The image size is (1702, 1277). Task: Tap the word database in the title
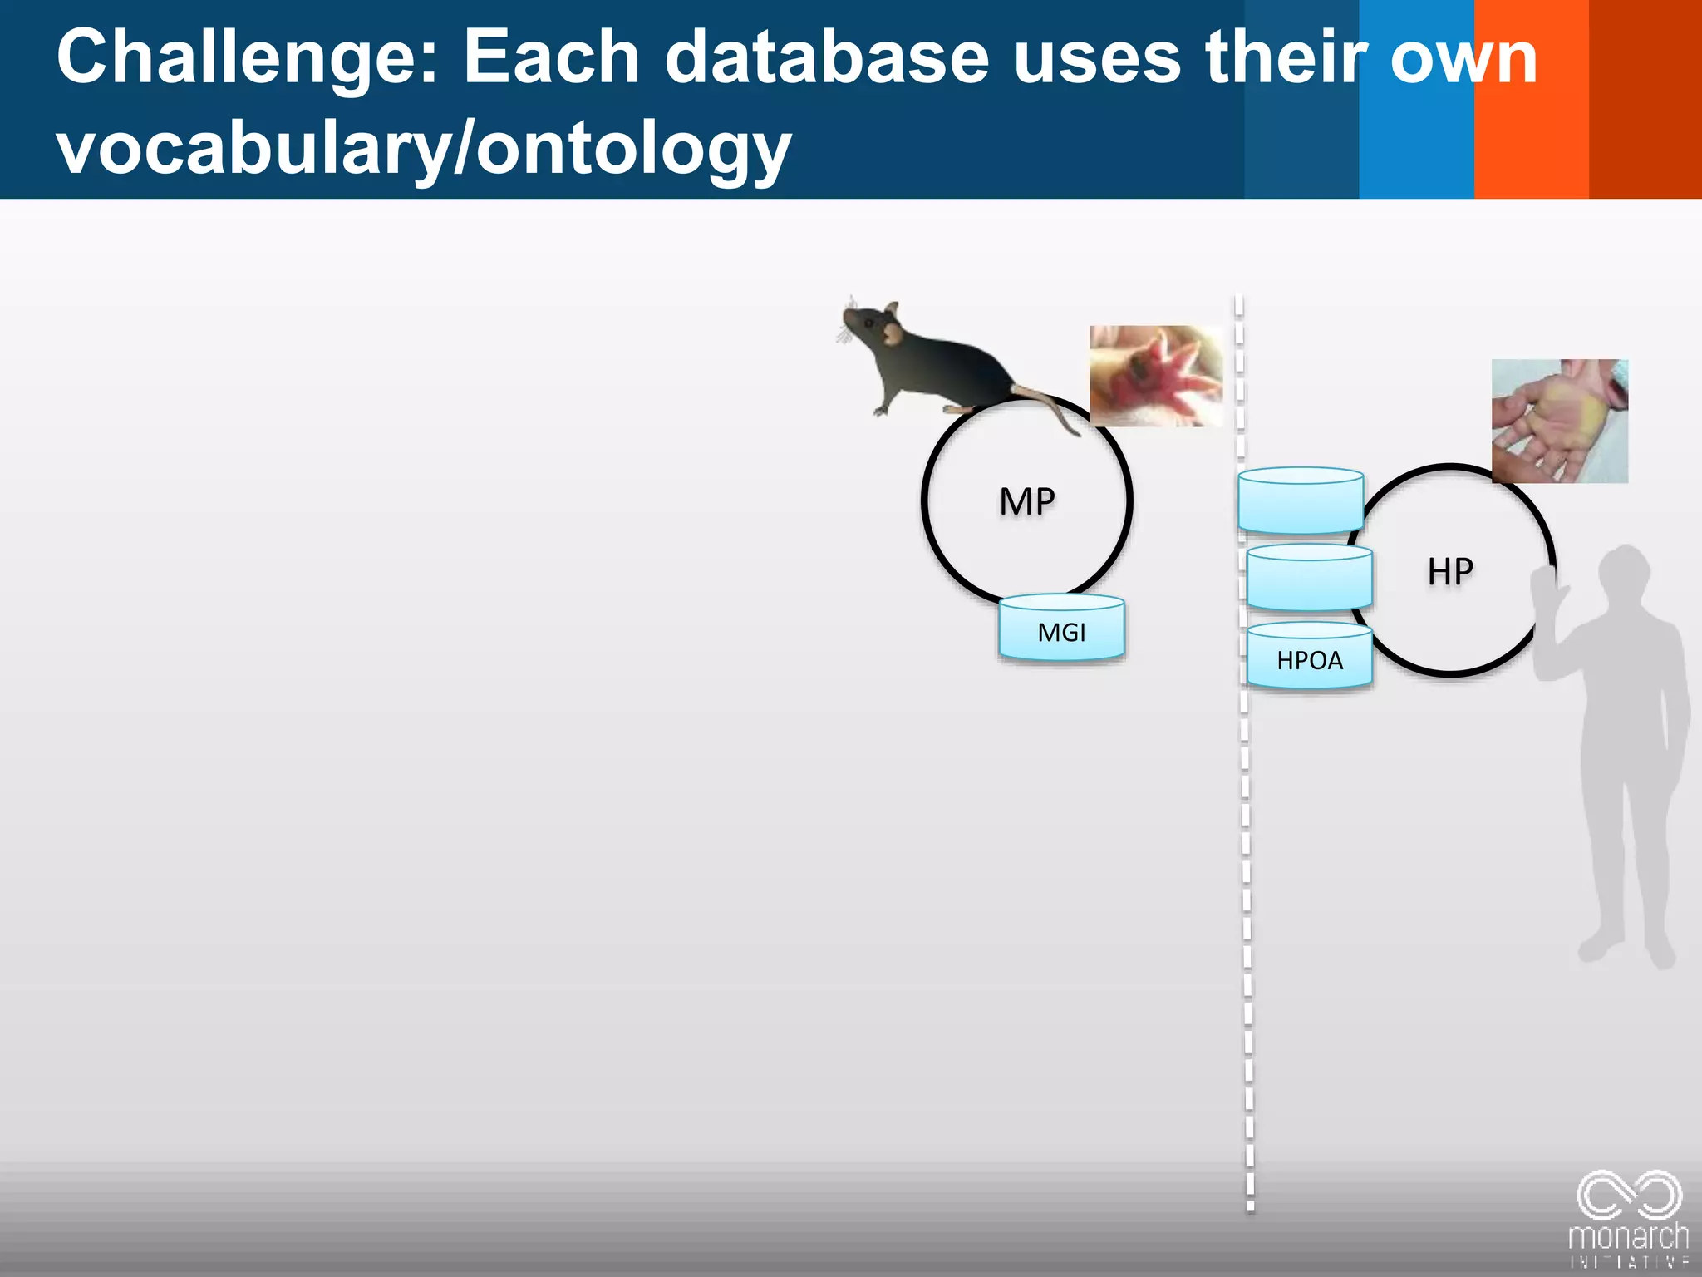coord(827,58)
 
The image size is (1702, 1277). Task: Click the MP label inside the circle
coord(1027,502)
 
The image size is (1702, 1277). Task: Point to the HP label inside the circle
coord(1450,572)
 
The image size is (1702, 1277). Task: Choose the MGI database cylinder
coord(1061,629)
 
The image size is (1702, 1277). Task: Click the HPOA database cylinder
coord(1309,657)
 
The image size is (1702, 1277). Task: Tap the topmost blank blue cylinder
coord(1300,500)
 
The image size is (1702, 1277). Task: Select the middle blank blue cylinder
coord(1309,578)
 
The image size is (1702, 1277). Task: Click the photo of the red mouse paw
coord(1156,376)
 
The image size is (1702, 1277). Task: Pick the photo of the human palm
coord(1559,421)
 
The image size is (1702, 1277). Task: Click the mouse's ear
coord(893,333)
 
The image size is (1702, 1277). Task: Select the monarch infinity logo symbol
coord(1629,1195)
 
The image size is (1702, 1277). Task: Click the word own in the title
coord(1463,58)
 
